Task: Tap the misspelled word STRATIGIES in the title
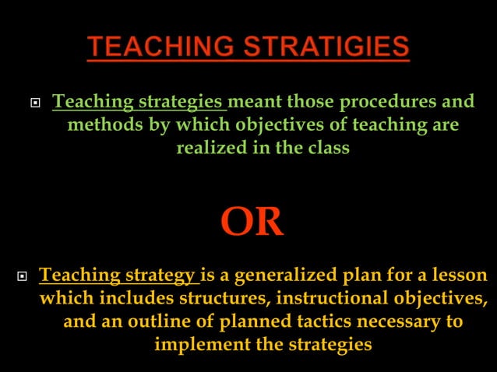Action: pos(327,47)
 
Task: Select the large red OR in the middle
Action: pos(252,222)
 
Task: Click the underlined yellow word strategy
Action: pos(161,275)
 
